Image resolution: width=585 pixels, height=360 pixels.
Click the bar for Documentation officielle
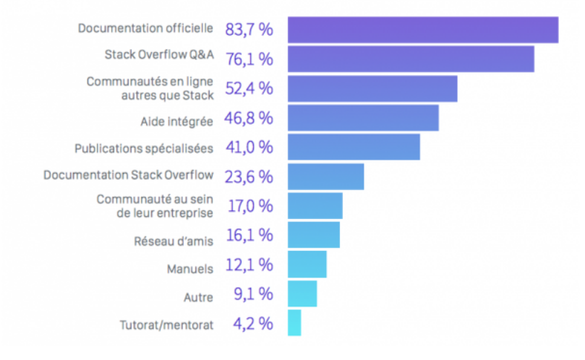pos(423,30)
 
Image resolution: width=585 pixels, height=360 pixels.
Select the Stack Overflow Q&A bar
pos(411,59)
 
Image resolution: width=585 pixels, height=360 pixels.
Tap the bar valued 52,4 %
pos(372,89)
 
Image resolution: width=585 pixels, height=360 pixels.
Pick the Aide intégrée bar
pos(363,118)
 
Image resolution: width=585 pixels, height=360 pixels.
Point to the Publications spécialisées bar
pos(354,147)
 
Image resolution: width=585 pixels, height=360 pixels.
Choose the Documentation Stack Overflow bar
pos(325,176)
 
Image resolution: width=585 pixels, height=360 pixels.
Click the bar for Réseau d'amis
pos(313,235)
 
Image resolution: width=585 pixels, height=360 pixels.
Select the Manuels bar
pos(307,265)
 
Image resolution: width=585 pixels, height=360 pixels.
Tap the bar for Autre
pos(302,293)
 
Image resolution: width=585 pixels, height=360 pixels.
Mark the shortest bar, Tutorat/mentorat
pos(294,323)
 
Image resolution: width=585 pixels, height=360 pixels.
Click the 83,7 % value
pos(249,30)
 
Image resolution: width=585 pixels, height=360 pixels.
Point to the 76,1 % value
pos(249,59)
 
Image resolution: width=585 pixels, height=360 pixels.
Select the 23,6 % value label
pos(249,176)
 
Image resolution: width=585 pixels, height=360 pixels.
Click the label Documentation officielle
pos(145,29)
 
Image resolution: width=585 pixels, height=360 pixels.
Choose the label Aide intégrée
pos(176,119)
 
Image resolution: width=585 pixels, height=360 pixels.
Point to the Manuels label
pos(190,269)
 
